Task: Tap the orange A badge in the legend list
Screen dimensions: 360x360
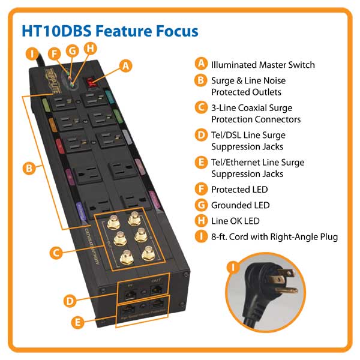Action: point(202,64)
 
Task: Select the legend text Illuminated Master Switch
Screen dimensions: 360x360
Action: point(263,65)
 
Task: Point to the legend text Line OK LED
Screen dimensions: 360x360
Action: point(236,221)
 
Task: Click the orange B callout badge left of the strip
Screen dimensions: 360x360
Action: point(28,169)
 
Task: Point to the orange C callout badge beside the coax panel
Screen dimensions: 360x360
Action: point(55,253)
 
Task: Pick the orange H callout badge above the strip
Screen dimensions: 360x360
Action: point(90,48)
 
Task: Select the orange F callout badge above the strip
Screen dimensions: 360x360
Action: point(55,53)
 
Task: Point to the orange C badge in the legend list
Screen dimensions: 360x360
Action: point(202,108)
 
